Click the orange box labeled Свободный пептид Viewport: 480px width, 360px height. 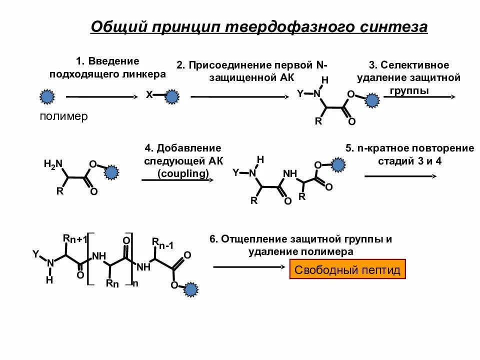pos(347,270)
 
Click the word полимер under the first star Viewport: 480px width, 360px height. pos(63,116)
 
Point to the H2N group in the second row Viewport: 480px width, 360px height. pos(53,164)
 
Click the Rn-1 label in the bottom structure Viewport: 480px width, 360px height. pos(163,244)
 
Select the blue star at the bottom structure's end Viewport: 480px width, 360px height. pos(190,289)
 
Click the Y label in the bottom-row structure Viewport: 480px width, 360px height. pos(35,254)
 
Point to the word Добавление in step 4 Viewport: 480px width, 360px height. pos(188,148)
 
